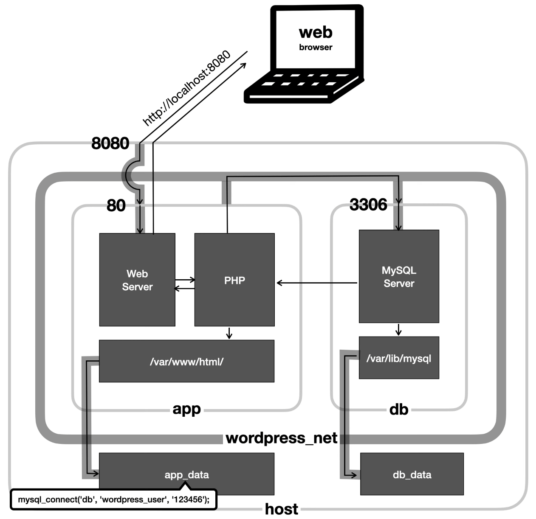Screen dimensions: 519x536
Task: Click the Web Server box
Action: point(137,280)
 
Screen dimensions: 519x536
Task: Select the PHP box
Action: point(234,280)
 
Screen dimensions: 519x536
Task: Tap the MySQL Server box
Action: point(399,276)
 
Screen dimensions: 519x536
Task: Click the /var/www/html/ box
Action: point(186,361)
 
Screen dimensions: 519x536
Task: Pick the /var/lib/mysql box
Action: point(399,358)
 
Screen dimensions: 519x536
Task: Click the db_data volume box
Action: point(412,474)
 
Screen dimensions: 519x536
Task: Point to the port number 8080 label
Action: point(110,143)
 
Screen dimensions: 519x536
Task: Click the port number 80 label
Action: point(116,206)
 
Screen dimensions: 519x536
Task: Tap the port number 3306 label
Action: point(368,205)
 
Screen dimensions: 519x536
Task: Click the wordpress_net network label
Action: point(281,438)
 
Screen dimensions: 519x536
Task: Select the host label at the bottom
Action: point(281,508)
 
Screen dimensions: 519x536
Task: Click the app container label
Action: point(186,409)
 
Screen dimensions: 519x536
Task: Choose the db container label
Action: point(399,410)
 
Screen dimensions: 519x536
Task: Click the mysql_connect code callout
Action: point(113,499)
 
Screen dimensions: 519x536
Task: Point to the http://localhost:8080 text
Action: point(187,88)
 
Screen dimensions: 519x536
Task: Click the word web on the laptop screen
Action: point(315,32)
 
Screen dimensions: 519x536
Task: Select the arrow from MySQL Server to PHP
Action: point(317,283)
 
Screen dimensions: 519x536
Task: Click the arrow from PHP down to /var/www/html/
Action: point(229,333)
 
